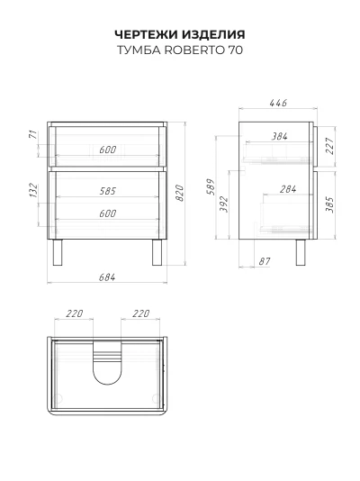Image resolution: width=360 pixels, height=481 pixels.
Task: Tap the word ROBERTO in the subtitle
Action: click(194, 50)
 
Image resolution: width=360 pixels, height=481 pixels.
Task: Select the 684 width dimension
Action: click(107, 277)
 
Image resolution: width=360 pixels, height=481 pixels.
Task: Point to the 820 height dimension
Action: click(180, 193)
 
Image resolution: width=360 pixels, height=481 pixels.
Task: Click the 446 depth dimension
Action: click(278, 103)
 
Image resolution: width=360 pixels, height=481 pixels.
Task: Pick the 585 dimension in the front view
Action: click(107, 191)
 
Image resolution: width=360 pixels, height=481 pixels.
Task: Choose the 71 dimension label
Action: click(33, 134)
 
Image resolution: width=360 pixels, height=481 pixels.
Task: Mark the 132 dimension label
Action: click(33, 190)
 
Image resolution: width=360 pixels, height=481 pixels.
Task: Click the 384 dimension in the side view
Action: click(279, 136)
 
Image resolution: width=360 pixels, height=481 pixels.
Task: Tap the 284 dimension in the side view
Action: click(288, 189)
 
